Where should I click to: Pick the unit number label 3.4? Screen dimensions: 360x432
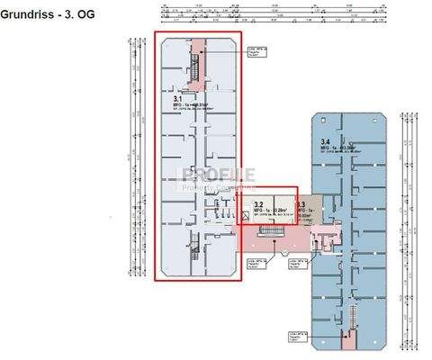(x=325, y=141)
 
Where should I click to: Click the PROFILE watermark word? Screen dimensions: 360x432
(x=219, y=175)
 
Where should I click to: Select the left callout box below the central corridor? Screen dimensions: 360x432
(x=256, y=263)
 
